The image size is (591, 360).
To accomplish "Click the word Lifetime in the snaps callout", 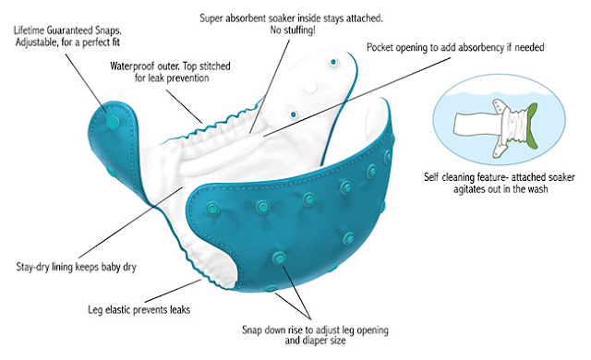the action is click(x=29, y=30).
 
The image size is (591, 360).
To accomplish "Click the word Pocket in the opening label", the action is click(x=379, y=47).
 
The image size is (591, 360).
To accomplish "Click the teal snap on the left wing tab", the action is click(x=113, y=121).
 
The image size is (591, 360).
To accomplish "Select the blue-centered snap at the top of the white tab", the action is click(x=333, y=62).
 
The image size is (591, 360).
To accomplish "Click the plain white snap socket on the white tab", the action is click(x=311, y=88).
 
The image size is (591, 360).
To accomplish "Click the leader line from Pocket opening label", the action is click(x=356, y=96).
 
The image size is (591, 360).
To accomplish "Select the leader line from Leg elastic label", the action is click(x=173, y=291).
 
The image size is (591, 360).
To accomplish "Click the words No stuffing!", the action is click(x=293, y=30).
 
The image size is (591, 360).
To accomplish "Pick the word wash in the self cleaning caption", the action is click(x=538, y=189).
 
